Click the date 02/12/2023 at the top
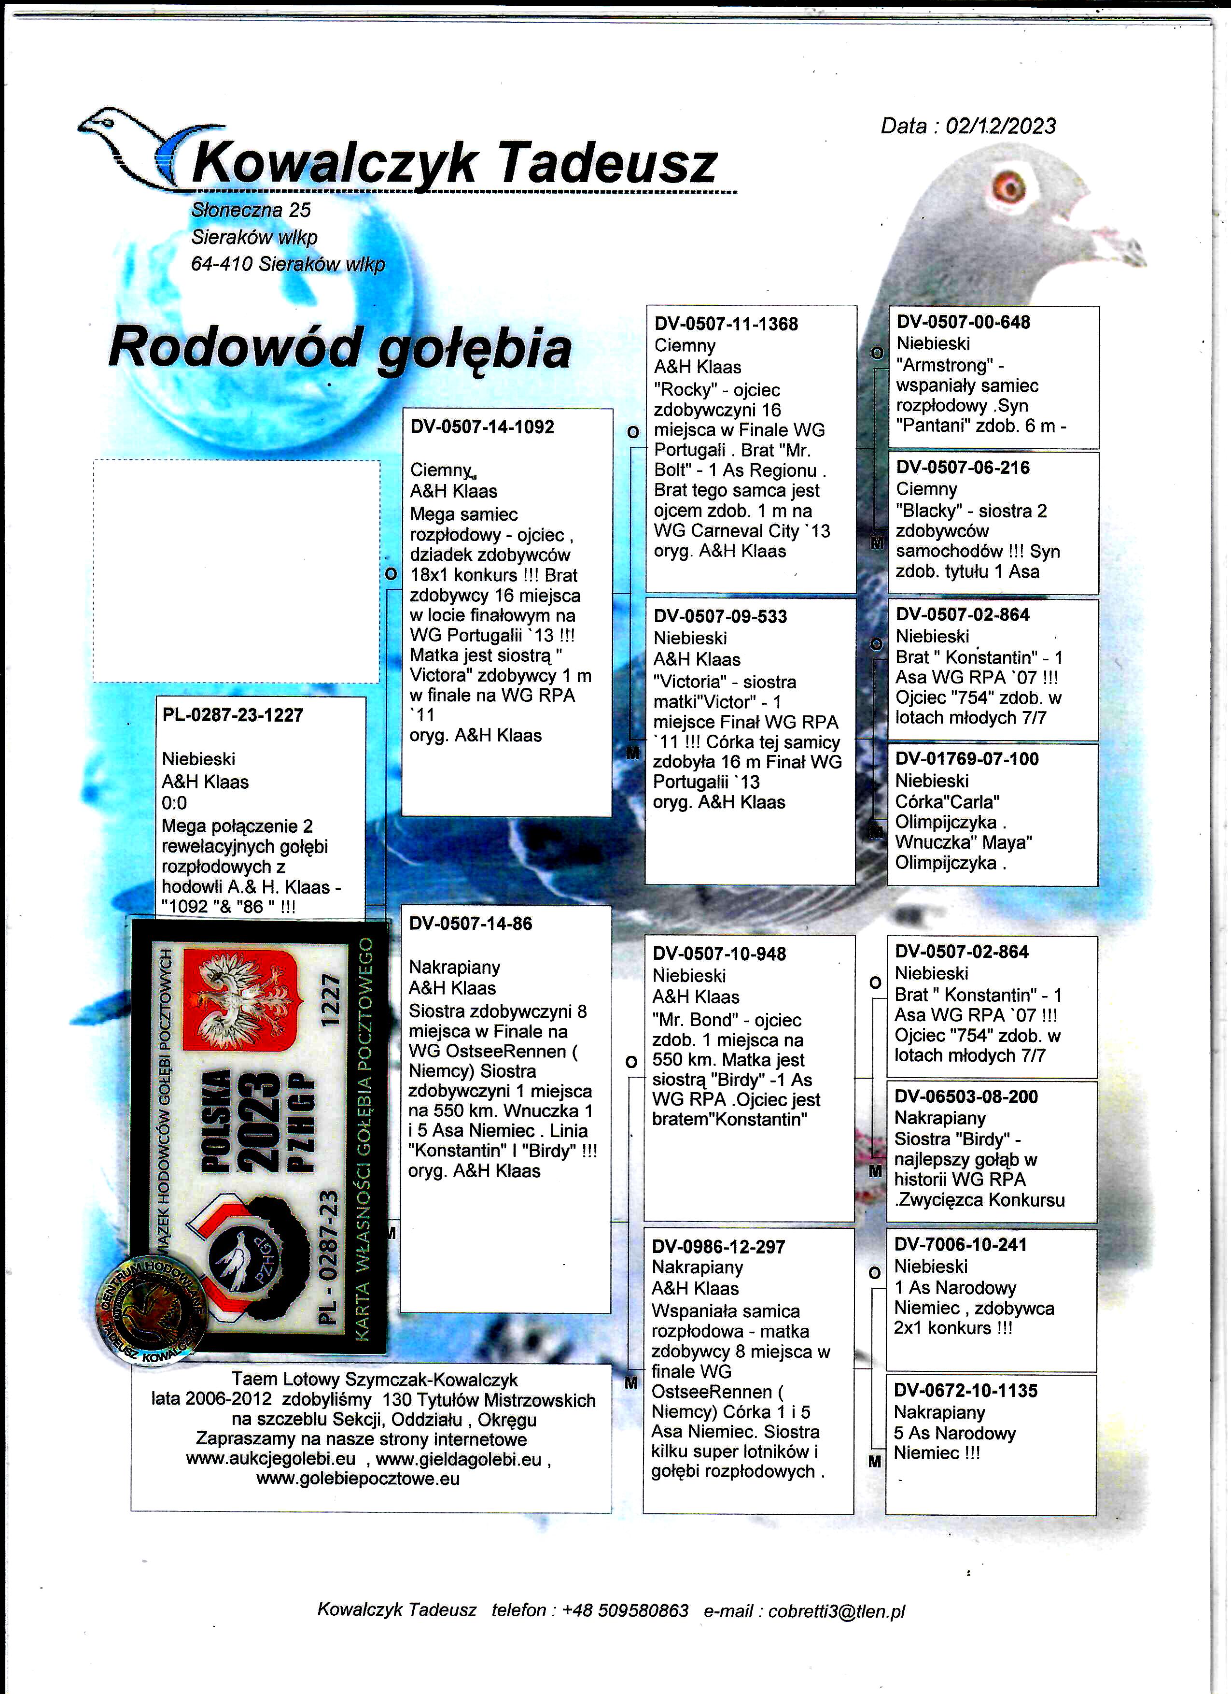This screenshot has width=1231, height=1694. (1000, 126)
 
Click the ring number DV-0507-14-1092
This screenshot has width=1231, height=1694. (482, 427)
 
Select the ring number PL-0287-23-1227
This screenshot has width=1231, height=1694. (233, 715)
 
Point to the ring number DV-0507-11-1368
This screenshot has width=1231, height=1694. (726, 324)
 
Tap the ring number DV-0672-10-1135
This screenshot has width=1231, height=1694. (965, 1391)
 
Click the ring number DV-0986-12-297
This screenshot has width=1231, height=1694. (718, 1247)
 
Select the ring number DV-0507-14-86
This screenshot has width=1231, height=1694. (470, 924)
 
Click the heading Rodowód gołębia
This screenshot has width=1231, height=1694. (340, 348)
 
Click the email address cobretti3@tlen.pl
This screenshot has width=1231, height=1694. (836, 1610)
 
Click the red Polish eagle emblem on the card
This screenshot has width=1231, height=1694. (240, 1001)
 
